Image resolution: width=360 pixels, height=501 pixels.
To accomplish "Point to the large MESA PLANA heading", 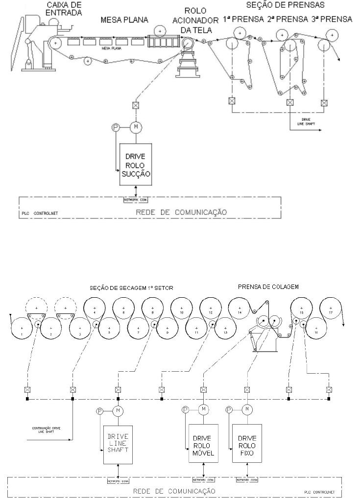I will point(124,20).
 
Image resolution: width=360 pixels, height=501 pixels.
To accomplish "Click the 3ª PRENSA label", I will point(333,19).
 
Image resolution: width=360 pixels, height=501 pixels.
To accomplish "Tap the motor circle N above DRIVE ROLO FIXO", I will point(247,409).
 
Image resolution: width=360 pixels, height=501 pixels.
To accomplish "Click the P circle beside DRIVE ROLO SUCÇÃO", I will point(116,127).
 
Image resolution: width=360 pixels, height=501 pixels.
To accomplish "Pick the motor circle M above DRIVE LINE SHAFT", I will point(118,410).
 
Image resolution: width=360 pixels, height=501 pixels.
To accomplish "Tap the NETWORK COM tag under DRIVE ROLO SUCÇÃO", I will point(136,199).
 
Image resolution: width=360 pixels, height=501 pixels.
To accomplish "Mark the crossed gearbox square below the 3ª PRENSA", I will point(324,103).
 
